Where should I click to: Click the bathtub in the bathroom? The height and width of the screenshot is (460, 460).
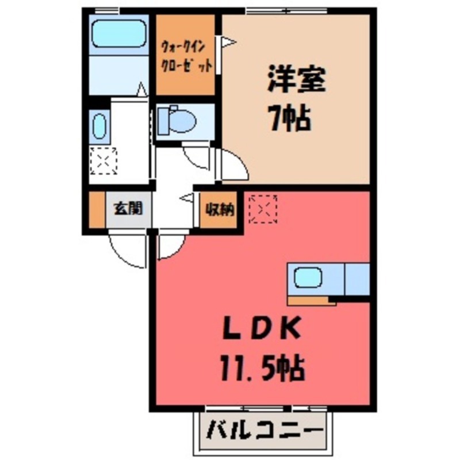pyautogui.click(x=119, y=34)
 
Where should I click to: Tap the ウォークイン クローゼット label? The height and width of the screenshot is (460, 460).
pyautogui.click(x=186, y=56)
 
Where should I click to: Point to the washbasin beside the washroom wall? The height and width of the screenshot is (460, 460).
pyautogui.click(x=98, y=126)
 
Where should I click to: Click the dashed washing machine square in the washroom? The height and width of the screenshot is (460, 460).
pyautogui.click(x=103, y=160)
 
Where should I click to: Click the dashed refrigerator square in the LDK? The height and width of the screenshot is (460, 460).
pyautogui.click(x=263, y=208)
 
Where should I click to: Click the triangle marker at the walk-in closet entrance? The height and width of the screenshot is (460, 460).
pyautogui.click(x=228, y=42)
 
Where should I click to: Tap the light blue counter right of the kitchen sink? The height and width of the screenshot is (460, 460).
pyautogui.click(x=357, y=279)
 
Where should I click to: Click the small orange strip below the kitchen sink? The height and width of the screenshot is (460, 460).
pyautogui.click(x=311, y=300)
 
